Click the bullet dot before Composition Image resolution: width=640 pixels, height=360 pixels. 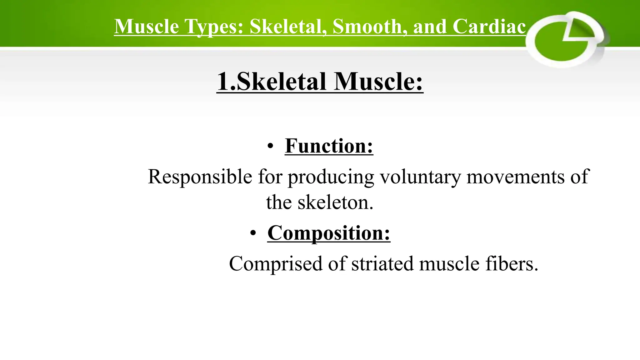(253, 233)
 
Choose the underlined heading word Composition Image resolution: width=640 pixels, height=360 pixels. (329, 233)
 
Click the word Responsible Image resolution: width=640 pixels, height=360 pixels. (200, 177)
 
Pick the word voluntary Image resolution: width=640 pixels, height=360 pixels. (420, 177)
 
